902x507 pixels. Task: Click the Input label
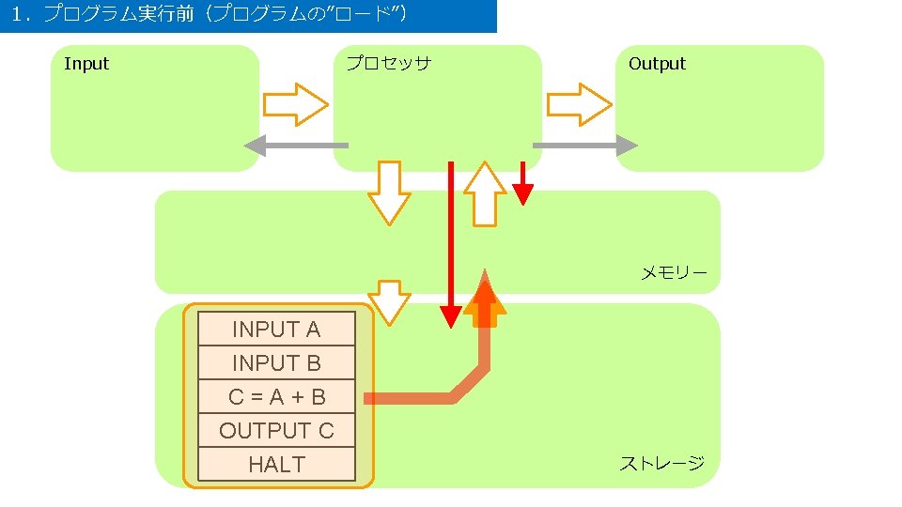coord(86,64)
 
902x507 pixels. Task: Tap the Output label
coord(657,64)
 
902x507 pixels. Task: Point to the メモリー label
coord(674,273)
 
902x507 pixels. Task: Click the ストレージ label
coord(661,463)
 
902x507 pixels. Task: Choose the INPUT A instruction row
coord(276,329)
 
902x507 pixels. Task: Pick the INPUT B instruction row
coord(276,362)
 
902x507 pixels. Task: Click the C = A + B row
coord(276,396)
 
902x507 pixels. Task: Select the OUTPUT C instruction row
coord(276,430)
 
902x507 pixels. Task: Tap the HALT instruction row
coord(276,464)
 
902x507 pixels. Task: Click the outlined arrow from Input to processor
coord(294,104)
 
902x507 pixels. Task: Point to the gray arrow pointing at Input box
coord(295,145)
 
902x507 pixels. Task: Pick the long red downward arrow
coord(451,244)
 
